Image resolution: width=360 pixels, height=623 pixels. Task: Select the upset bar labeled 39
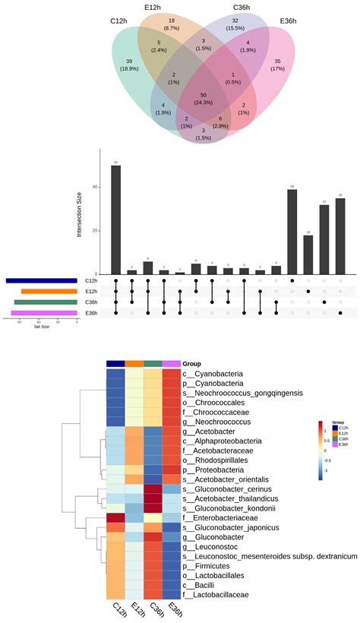(292, 231)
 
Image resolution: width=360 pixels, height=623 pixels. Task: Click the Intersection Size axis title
(79, 212)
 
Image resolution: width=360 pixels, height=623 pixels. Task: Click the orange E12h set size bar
(49, 291)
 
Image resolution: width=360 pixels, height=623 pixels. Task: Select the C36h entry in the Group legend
(339, 439)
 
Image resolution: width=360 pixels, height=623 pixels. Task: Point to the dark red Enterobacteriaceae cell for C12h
(115, 517)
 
